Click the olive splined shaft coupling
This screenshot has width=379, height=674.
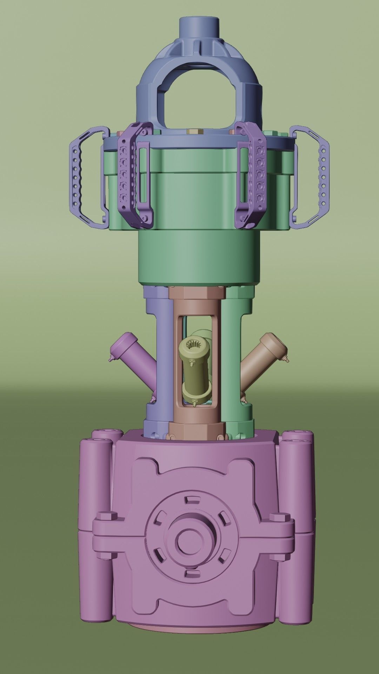pyautogui.click(x=194, y=369)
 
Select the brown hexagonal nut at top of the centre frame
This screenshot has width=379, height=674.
pyautogui.click(x=197, y=293)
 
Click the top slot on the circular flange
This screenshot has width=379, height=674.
pyautogui.click(x=191, y=499)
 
